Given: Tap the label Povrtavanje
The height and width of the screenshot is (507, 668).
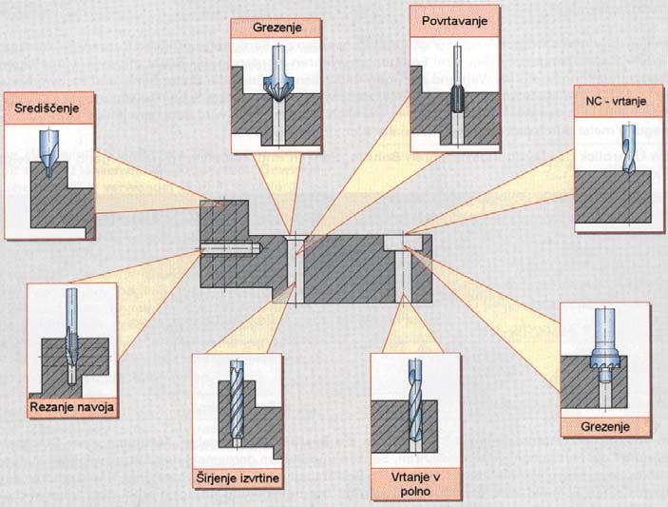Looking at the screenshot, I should [x=447, y=18].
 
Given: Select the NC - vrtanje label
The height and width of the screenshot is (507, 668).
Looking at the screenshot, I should [x=615, y=99].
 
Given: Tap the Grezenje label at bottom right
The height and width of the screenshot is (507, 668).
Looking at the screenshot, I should [x=605, y=428].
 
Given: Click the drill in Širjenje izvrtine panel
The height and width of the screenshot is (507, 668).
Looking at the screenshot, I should [x=237, y=400].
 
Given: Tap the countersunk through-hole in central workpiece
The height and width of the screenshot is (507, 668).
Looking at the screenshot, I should [x=295, y=266].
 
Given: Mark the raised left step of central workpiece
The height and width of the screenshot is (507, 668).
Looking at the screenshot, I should [x=224, y=224].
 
